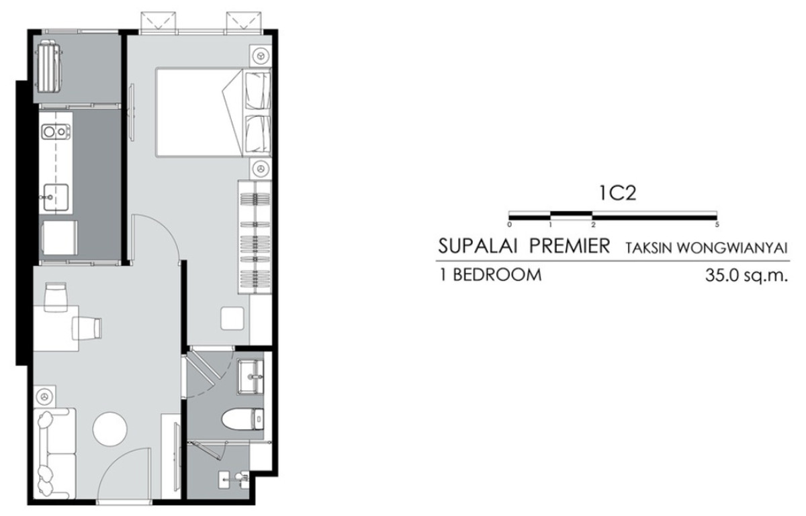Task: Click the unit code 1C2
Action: pyautogui.click(x=617, y=193)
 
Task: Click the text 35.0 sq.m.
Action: pyautogui.click(x=747, y=275)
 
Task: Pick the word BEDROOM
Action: pyautogui.click(x=497, y=275)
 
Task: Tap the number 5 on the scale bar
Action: pyautogui.click(x=717, y=225)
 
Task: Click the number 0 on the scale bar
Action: pyautogui.click(x=510, y=225)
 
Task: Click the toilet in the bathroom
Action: pyautogui.click(x=243, y=419)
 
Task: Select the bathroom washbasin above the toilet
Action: pyautogui.click(x=251, y=378)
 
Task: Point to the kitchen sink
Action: pyautogui.click(x=56, y=197)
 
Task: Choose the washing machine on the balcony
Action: pyautogui.click(x=49, y=67)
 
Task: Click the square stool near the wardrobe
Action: pyautogui.click(x=232, y=318)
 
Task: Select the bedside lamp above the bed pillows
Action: pyautogui.click(x=261, y=56)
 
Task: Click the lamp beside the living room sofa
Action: pyautogui.click(x=45, y=396)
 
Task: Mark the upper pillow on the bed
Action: pyautogui.click(x=257, y=89)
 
